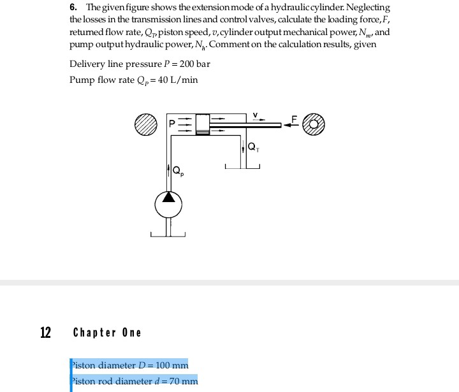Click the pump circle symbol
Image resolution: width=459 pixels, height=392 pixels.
(168, 204)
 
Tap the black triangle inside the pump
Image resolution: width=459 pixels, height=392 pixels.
(168, 196)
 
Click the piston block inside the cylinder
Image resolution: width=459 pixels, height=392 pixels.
(203, 123)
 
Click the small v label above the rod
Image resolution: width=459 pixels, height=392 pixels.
(255, 115)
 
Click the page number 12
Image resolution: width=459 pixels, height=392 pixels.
(46, 333)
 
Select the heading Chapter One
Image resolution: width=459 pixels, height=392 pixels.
(107, 333)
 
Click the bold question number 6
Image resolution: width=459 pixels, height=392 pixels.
(73, 7)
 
